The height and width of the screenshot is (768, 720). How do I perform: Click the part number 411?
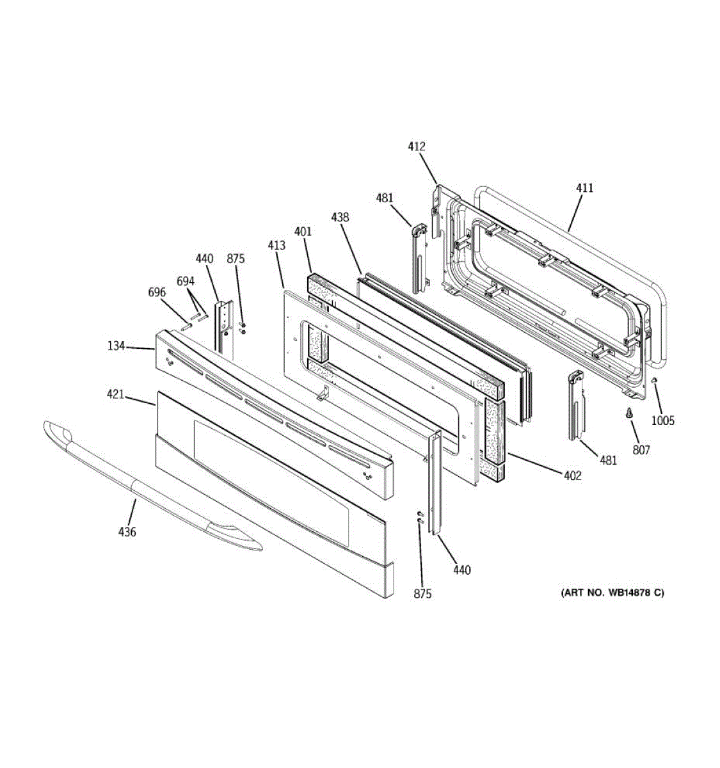click(584, 188)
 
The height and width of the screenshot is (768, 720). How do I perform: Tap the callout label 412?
click(417, 147)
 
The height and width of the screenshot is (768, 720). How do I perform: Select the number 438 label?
click(340, 217)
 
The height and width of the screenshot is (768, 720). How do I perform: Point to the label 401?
click(303, 231)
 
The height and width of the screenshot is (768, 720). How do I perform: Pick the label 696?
click(157, 292)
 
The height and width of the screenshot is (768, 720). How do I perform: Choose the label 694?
click(186, 280)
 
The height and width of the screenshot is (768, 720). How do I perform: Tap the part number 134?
click(116, 346)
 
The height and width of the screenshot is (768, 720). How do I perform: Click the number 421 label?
click(115, 395)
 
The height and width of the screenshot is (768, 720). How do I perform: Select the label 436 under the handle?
click(127, 531)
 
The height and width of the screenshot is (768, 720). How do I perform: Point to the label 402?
click(572, 476)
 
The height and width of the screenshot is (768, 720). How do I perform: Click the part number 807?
click(641, 450)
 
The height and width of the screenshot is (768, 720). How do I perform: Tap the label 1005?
click(663, 420)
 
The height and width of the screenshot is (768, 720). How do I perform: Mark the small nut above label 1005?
click(654, 381)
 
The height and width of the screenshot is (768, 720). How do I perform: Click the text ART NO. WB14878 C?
click(612, 593)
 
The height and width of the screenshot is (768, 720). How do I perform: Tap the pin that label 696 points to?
click(186, 326)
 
